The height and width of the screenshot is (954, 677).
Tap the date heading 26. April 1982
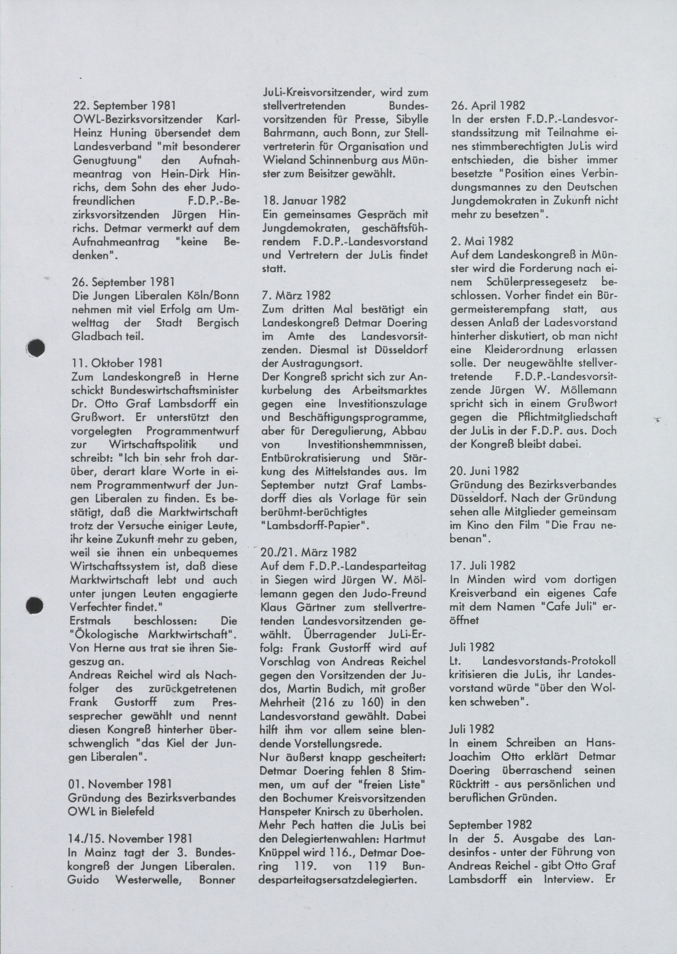488,105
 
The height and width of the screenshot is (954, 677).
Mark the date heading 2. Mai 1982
481,241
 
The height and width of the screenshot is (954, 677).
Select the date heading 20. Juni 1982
484,471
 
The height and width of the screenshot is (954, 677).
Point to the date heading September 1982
490,824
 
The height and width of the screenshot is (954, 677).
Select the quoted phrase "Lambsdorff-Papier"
315,525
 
